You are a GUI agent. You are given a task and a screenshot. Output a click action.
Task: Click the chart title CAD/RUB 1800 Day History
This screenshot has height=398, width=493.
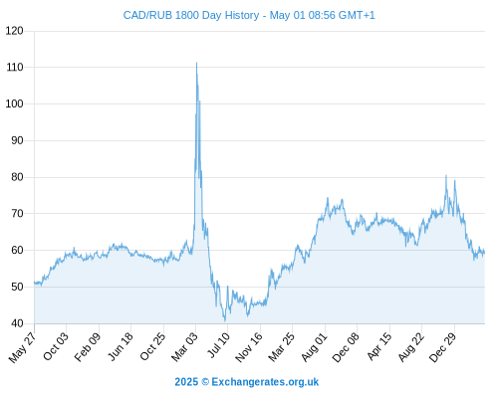(191, 15)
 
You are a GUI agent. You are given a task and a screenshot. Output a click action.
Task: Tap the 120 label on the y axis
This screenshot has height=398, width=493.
(15, 31)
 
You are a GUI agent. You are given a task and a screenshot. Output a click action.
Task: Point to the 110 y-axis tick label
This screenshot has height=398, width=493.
(15, 68)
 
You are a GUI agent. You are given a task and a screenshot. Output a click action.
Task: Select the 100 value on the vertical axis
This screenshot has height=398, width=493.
(15, 103)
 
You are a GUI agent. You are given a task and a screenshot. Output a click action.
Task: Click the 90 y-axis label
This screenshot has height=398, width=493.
(17, 140)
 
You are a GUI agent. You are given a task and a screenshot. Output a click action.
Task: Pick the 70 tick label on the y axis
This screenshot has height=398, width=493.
(17, 214)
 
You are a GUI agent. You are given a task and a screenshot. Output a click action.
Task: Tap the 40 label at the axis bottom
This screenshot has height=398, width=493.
(17, 323)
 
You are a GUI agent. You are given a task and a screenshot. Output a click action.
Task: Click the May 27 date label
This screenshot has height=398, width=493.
(22, 347)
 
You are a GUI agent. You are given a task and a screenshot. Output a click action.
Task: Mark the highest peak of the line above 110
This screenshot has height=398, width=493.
(196, 63)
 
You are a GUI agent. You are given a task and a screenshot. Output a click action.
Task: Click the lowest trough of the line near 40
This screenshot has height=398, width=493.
(225, 320)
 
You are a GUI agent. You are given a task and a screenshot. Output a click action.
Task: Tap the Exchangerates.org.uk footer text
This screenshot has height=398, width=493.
(265, 382)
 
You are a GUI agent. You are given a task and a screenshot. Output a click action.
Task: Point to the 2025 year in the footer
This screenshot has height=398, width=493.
(186, 382)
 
